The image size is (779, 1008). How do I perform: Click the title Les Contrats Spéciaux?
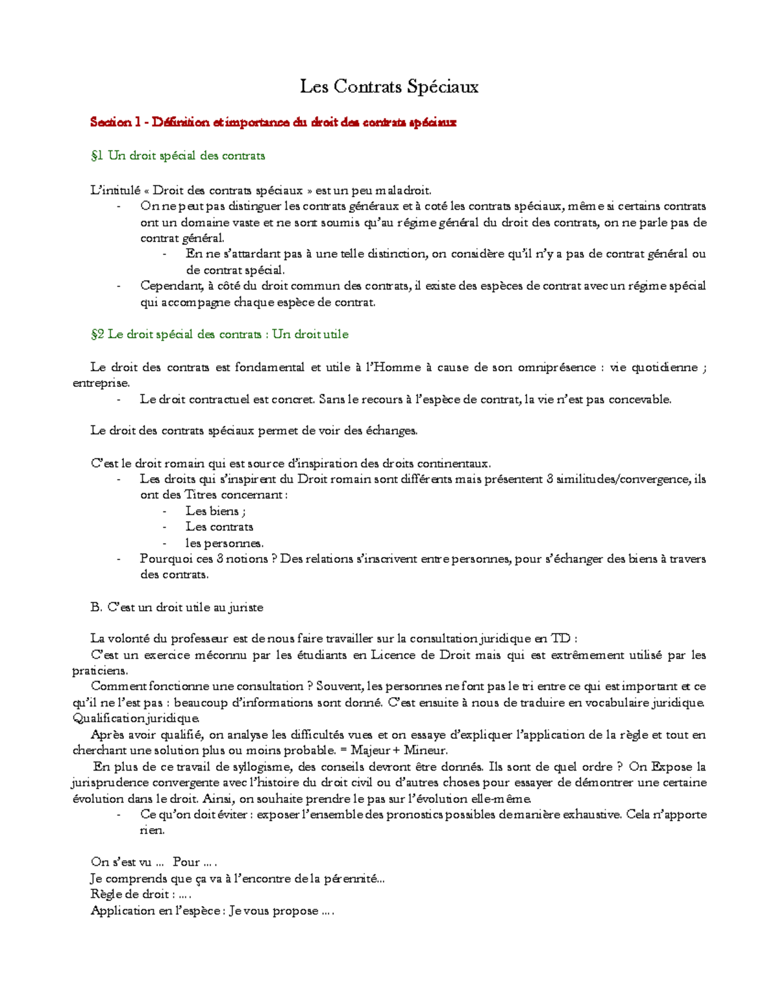pyautogui.click(x=389, y=86)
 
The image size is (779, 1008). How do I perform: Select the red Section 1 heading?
pyautogui.click(x=273, y=122)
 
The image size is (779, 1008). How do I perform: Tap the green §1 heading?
pyautogui.click(x=178, y=156)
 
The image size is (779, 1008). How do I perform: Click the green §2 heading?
pyautogui.click(x=219, y=334)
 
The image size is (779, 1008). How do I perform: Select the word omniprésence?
pyautogui.click(x=556, y=367)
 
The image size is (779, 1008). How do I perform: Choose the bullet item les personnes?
pyautogui.click(x=225, y=543)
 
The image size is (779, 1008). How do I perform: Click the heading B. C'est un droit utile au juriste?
pyautogui.click(x=177, y=608)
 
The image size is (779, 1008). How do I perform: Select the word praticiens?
pyautogui.click(x=100, y=670)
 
